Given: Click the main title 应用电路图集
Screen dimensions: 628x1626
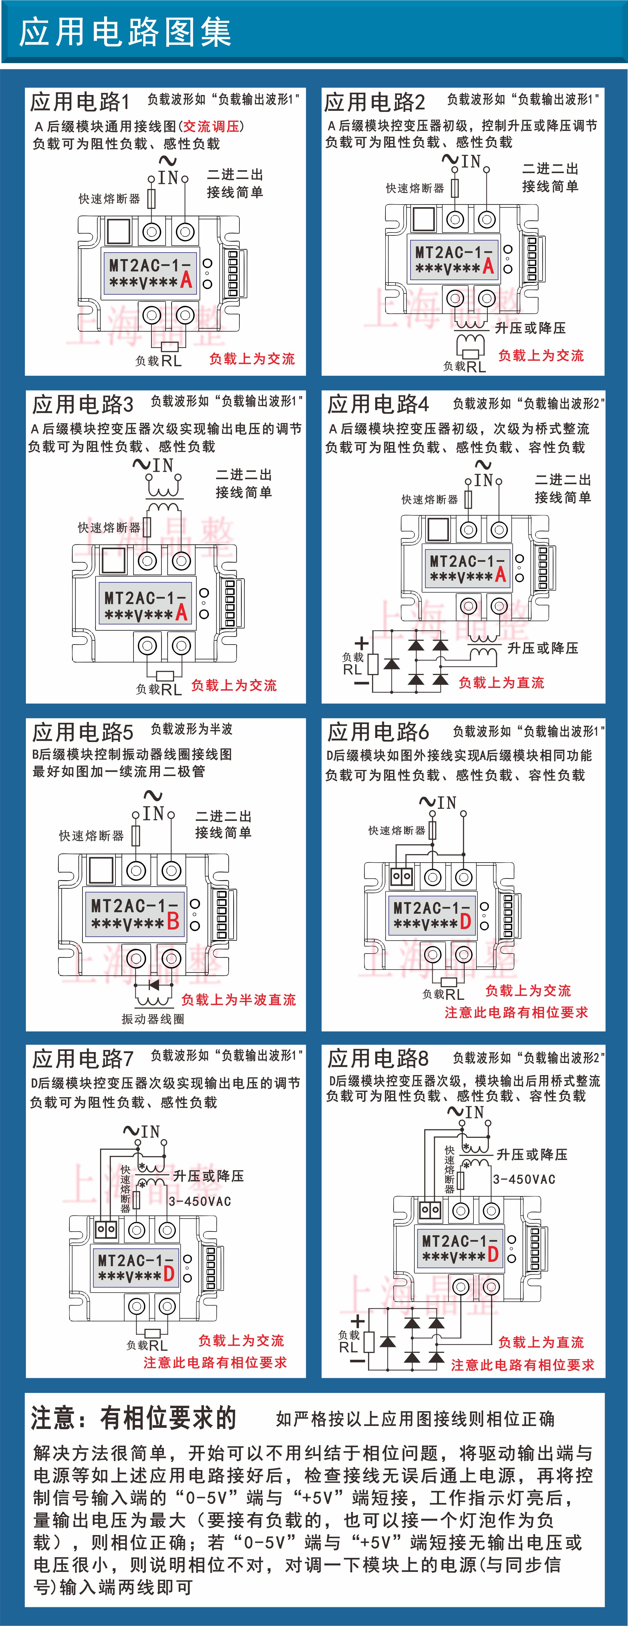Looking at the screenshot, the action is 125,32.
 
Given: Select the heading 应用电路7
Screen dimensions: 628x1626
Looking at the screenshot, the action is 83,1058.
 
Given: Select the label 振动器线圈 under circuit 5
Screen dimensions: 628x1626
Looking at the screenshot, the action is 153,1019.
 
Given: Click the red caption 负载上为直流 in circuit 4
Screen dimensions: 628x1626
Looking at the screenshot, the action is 501,682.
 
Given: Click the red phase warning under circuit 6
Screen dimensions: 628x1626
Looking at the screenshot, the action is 516,1012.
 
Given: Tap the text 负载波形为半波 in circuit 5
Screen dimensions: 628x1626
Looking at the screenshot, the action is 192,729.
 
